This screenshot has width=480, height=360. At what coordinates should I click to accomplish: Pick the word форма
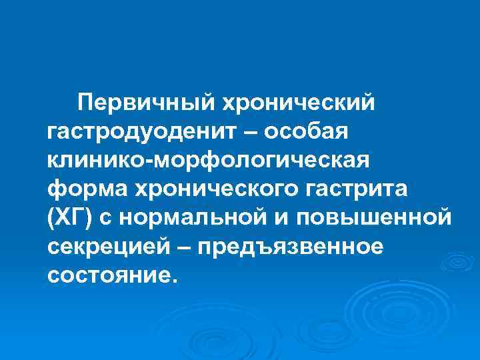[x=81, y=189]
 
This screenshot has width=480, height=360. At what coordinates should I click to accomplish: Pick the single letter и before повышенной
[x=285, y=218]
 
